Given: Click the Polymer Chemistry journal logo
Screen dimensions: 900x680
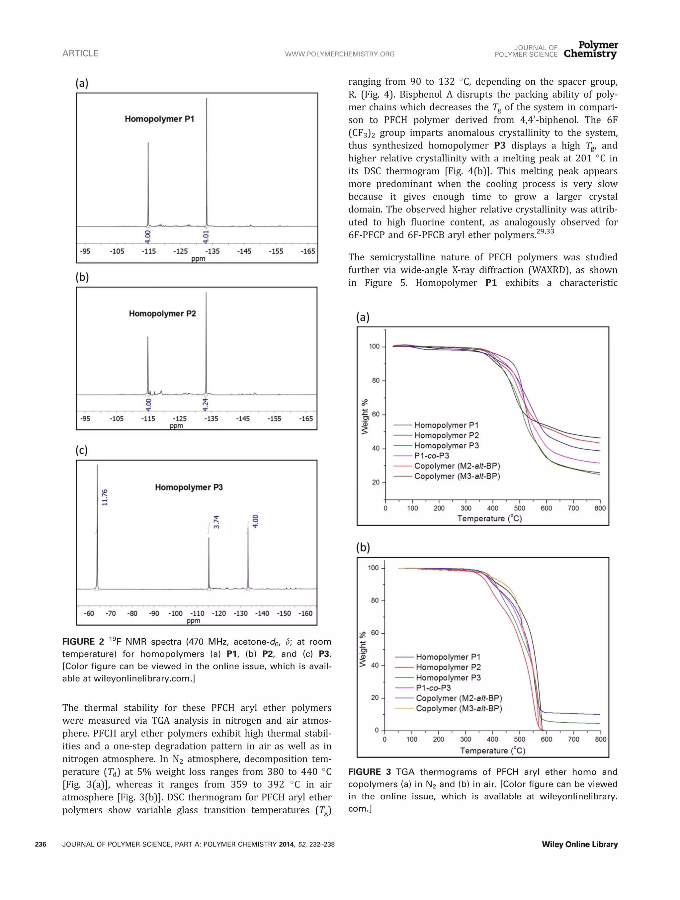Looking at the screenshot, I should (x=591, y=49).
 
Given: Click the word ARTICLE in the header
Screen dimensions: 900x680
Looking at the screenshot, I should (x=80, y=53).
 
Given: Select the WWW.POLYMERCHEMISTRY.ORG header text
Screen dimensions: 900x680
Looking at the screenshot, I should (x=340, y=54).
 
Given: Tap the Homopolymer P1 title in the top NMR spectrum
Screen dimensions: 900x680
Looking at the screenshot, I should (x=159, y=119).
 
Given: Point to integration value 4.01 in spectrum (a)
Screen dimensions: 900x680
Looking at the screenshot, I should (x=206, y=236).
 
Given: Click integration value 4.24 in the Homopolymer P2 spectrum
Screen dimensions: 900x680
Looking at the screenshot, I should (x=206, y=404).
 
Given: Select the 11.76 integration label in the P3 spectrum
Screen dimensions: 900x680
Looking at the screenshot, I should (x=105, y=497).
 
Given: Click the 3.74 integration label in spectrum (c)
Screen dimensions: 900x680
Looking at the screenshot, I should (x=216, y=522).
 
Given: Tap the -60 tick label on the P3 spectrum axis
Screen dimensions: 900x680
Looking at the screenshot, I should (x=89, y=613).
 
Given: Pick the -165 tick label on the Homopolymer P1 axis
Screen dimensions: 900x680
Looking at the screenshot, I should (x=308, y=251).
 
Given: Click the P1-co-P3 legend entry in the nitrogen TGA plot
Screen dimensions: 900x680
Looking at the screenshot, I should (x=432, y=456).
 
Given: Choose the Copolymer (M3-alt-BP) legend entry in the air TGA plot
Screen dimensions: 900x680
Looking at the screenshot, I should (x=459, y=708).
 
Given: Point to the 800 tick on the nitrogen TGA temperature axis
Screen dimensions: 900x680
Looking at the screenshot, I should (x=600, y=508).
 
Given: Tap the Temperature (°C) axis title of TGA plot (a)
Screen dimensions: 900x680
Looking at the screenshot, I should (x=489, y=518).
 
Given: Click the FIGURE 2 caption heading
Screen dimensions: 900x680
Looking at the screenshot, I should (x=83, y=642).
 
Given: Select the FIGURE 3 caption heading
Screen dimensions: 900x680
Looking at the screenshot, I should (x=369, y=772).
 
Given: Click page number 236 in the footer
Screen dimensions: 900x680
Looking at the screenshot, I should (x=41, y=844).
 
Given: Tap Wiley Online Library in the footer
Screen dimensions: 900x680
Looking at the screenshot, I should (x=579, y=844).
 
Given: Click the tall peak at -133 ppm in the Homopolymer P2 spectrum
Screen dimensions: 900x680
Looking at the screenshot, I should (x=206, y=346).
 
